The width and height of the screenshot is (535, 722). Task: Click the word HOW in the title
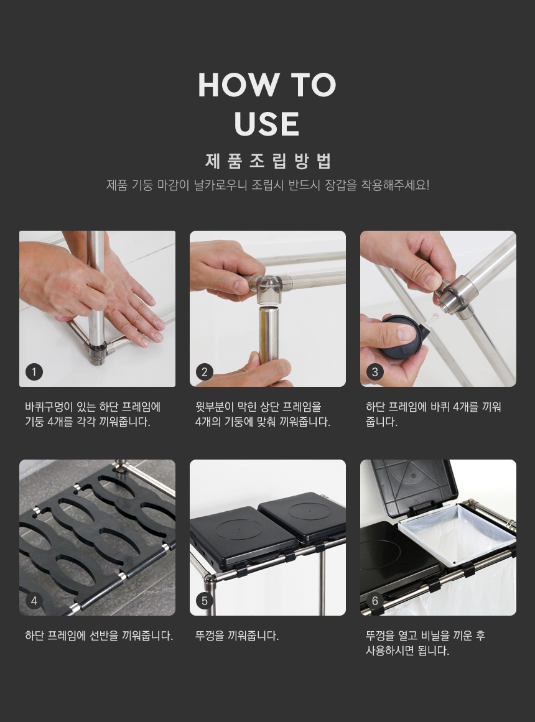(238, 85)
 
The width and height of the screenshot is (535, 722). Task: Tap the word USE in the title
(267, 123)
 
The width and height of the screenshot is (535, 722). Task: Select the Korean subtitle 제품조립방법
(267, 160)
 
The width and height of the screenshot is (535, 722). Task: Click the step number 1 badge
(34, 372)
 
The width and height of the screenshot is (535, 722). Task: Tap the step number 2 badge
(205, 372)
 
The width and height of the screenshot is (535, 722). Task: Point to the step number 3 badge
(374, 372)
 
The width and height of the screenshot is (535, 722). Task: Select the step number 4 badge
(34, 601)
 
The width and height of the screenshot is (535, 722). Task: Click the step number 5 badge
(205, 601)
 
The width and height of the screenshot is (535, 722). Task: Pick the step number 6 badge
(374, 601)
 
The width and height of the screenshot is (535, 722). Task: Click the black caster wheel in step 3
(400, 338)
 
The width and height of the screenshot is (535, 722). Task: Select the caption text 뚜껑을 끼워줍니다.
(237, 636)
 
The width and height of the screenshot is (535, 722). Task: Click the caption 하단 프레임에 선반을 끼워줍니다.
(99, 636)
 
